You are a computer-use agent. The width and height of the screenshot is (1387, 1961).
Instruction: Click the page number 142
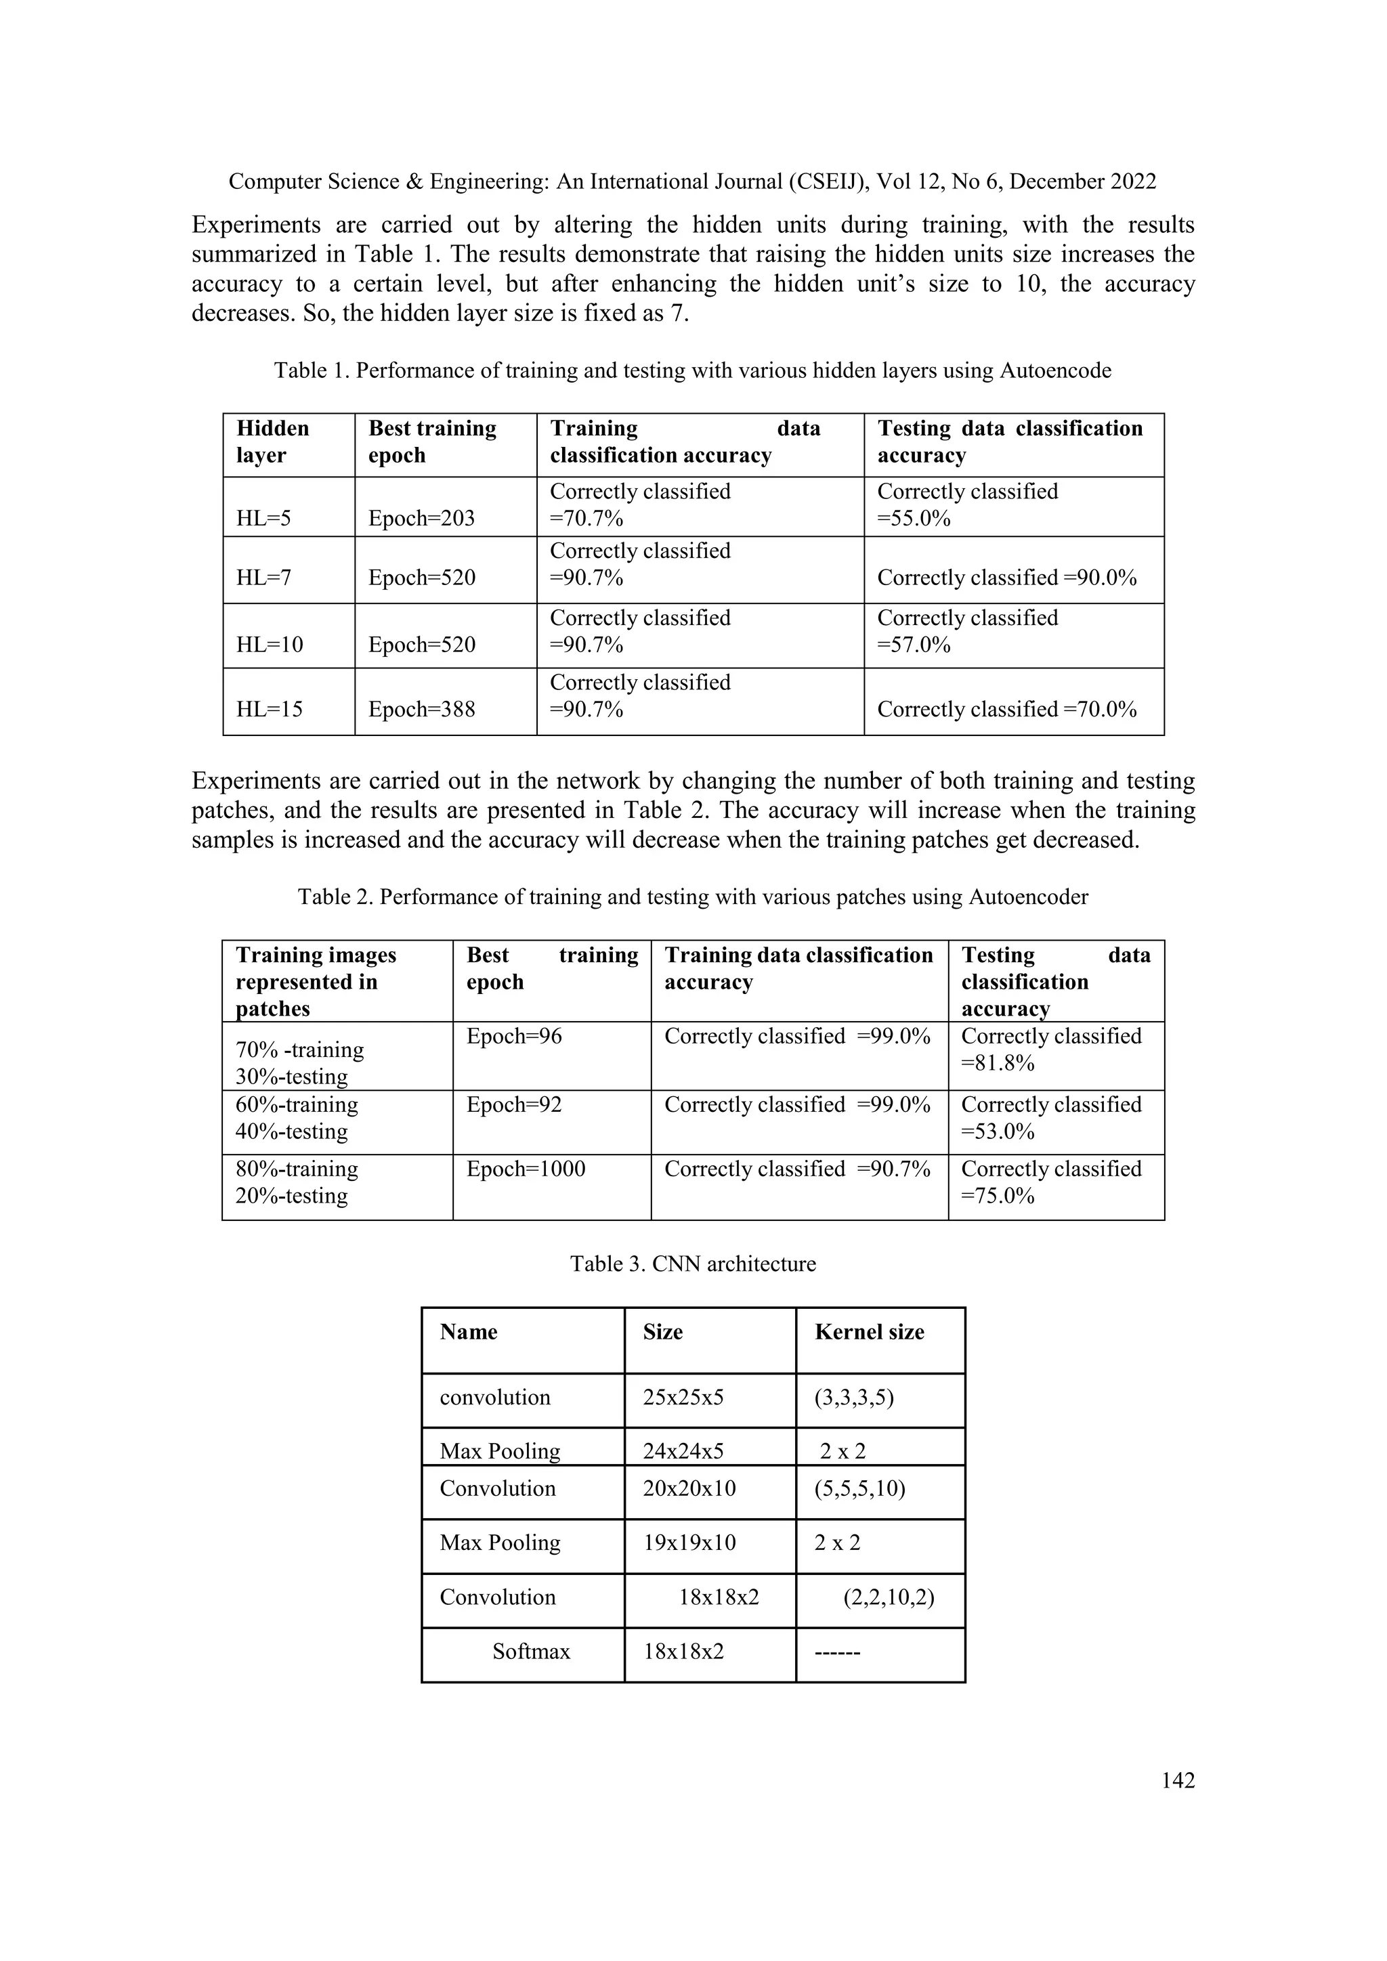1178,1781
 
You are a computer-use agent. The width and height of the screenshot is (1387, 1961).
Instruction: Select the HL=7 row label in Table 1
264,578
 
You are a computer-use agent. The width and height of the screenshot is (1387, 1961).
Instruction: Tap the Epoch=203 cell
421,519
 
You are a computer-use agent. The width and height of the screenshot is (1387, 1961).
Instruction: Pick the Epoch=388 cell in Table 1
421,710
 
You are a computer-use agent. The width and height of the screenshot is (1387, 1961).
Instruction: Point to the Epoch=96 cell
514,1036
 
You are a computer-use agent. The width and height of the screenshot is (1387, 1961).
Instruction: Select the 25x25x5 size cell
683,1398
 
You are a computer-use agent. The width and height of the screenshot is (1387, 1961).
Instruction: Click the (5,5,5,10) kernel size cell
860,1488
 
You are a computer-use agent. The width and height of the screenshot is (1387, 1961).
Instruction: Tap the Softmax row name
530,1651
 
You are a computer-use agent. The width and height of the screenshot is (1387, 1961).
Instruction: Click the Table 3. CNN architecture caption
693,1264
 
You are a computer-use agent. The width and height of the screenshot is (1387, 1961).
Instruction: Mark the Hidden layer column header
272,441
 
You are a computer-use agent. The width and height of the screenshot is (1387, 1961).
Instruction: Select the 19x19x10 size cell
689,1543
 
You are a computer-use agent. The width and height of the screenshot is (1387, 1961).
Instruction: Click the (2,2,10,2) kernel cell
889,1597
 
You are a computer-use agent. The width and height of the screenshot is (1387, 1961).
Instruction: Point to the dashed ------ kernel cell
837,1652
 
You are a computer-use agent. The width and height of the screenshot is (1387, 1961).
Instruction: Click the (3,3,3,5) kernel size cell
854,1398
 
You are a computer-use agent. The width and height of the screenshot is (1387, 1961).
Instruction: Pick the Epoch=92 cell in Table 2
514,1104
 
